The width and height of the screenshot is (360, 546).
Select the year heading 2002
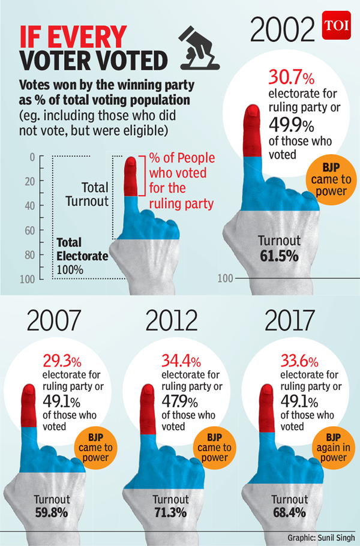point(283,28)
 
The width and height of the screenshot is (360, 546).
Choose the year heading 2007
point(53,322)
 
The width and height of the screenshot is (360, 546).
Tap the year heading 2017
point(291,322)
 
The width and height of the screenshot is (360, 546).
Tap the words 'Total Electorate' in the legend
point(83,250)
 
